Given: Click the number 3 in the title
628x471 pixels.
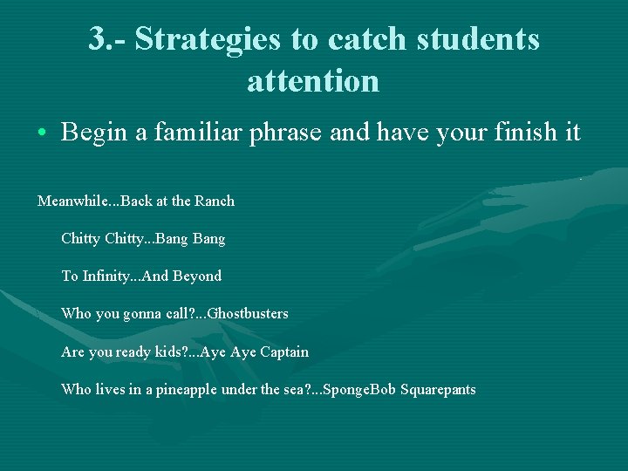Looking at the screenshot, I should point(98,39).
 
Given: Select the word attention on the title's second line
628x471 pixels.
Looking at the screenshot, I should point(313,81).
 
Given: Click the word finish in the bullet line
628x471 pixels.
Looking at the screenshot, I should point(517,132).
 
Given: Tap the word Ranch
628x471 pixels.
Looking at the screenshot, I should point(215,201).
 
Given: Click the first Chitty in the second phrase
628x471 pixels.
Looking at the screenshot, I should point(80,238).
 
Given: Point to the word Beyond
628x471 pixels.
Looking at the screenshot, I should point(197,276).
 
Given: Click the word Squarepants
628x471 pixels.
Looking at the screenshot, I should point(438,390).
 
